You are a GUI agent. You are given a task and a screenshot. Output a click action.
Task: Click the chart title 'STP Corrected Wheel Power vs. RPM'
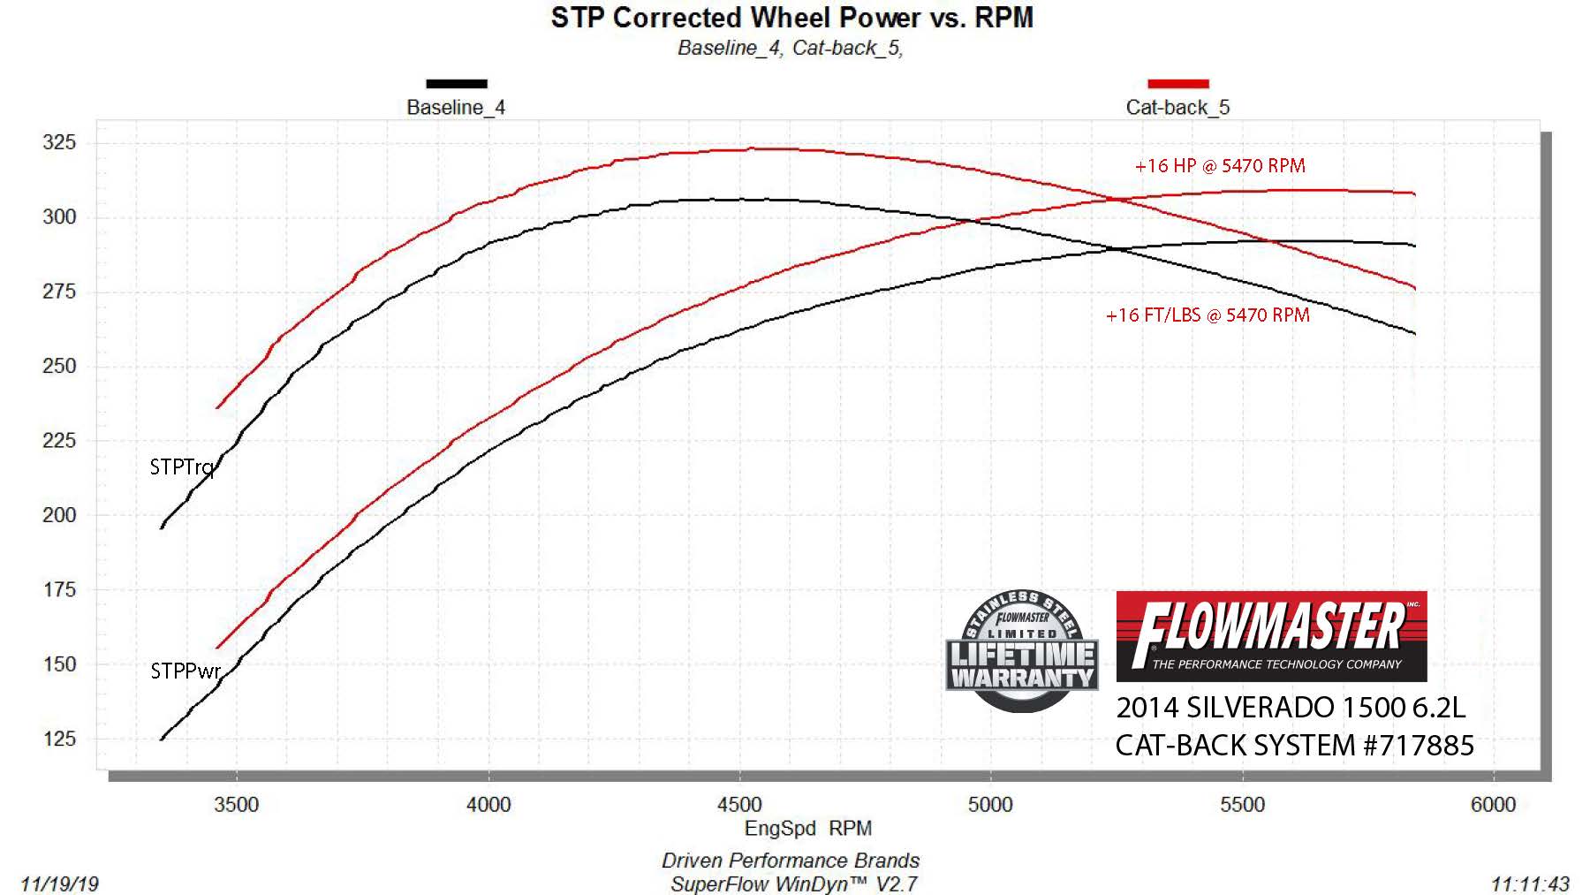point(791,18)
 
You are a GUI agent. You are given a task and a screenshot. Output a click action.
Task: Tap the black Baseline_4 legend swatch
point(456,84)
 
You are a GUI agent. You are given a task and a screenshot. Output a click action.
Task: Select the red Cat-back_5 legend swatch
point(1177,84)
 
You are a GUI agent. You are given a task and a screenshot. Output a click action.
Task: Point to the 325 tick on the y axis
point(59,142)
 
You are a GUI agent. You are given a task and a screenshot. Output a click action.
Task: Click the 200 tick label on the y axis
point(59,515)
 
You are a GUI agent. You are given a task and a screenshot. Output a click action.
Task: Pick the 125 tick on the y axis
point(59,739)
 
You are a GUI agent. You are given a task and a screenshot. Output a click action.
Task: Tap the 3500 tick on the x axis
point(237,805)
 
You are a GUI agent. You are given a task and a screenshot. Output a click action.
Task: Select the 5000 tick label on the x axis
point(990,805)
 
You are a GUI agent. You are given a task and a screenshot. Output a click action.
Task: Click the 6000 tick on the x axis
point(1493,805)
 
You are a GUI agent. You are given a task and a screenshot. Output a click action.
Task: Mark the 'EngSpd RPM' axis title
point(807,829)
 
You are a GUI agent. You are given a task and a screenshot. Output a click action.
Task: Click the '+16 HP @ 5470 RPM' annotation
point(1219,166)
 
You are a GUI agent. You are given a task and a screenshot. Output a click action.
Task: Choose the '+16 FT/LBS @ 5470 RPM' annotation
point(1208,315)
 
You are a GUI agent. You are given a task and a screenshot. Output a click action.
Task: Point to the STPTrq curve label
point(182,467)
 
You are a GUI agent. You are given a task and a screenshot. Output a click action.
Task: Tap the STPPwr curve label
point(185,671)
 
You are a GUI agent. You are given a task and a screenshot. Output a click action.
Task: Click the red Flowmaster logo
point(1271,636)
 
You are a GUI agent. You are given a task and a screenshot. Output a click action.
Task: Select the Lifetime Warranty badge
point(1022,652)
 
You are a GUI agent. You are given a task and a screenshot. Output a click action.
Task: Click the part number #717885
point(1419,746)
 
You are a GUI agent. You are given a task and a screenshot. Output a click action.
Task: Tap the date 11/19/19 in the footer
point(59,884)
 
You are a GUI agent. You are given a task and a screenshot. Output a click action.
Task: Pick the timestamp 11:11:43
point(1530,884)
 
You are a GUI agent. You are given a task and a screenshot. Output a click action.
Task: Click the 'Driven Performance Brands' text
point(791,861)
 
